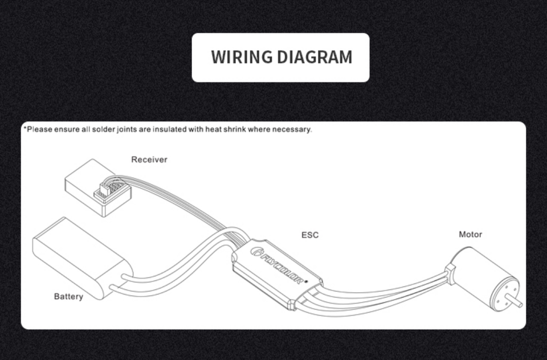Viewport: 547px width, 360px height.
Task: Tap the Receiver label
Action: click(x=149, y=159)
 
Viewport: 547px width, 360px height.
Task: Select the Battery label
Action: click(x=68, y=296)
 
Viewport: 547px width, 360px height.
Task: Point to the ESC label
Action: click(x=310, y=235)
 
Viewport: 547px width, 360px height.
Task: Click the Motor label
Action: click(x=471, y=234)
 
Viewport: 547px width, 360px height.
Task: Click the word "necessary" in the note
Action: click(x=292, y=129)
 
